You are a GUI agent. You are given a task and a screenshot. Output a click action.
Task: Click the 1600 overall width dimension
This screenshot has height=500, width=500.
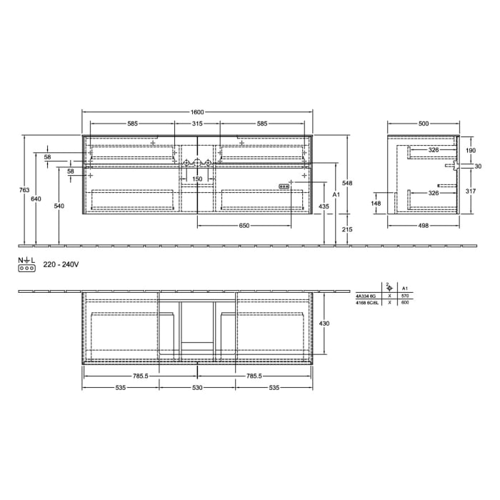point(197,112)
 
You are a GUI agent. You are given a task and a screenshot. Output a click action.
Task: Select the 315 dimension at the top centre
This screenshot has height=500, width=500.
point(197,124)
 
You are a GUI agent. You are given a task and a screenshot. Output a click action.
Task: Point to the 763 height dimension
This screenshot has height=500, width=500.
point(24,190)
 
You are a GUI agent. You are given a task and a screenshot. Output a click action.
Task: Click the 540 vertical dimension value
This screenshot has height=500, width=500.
point(59,206)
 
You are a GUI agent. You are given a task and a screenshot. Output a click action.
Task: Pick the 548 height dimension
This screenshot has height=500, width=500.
point(347,183)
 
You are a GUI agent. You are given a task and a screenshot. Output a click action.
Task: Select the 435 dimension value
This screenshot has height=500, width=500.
point(324,206)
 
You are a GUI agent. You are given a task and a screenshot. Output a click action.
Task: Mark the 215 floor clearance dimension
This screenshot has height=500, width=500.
point(347,229)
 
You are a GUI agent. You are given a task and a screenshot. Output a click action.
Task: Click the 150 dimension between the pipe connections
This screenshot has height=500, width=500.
point(198,179)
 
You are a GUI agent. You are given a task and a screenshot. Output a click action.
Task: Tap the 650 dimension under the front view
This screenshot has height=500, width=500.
point(244,226)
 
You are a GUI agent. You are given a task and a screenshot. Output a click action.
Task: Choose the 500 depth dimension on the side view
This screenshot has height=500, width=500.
point(424,124)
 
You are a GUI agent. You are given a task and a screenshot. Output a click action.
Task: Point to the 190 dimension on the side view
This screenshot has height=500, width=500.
point(470,151)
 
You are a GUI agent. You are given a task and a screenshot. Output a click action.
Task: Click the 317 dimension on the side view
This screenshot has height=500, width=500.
point(470,191)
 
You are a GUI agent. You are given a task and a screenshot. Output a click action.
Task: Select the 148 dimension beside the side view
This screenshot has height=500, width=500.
point(376,203)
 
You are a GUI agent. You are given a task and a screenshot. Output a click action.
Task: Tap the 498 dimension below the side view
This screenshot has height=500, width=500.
point(424,226)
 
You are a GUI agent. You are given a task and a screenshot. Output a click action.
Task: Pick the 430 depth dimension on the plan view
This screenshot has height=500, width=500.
point(324,324)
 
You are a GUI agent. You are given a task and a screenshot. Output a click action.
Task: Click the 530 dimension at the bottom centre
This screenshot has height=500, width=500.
point(197,388)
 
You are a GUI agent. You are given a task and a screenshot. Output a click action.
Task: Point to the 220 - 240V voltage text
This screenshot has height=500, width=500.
point(61,264)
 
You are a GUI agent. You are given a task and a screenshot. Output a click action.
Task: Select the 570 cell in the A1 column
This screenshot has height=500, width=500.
point(406,294)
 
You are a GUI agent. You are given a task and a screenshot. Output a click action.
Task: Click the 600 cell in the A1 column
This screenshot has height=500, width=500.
point(406,303)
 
